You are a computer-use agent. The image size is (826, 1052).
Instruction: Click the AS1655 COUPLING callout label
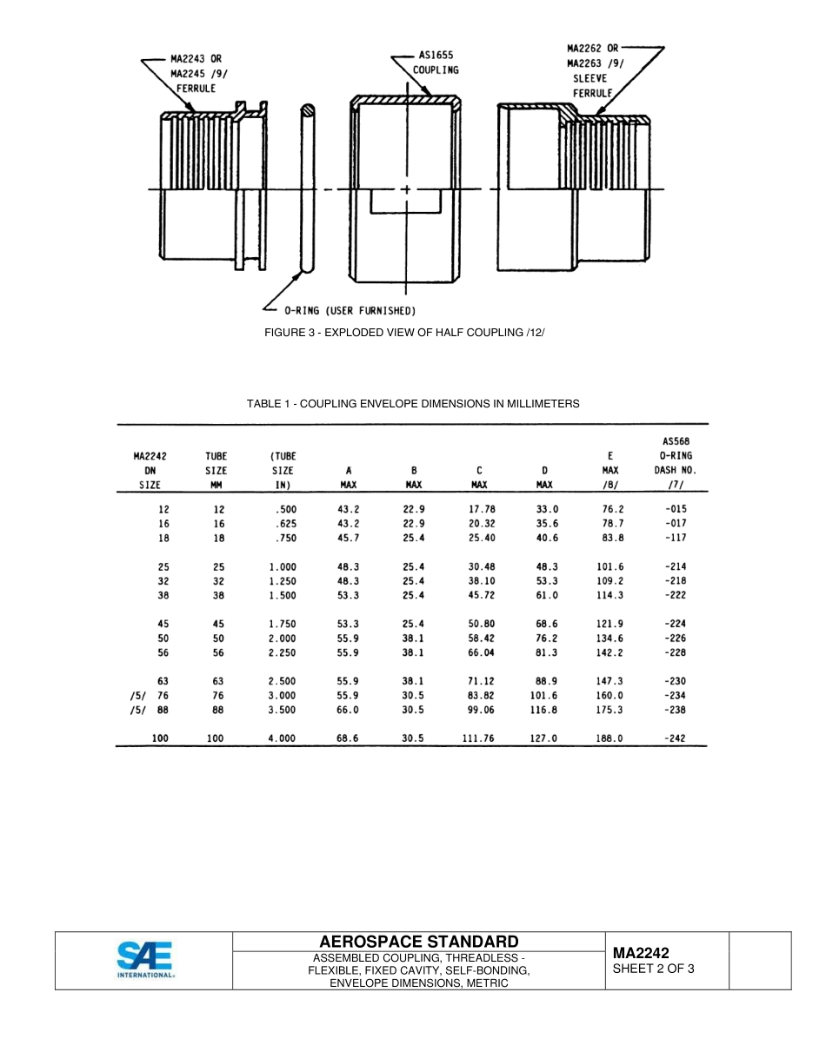[435, 63]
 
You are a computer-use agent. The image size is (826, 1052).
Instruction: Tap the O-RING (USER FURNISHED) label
[350, 310]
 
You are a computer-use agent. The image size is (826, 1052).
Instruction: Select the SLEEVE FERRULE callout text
[591, 85]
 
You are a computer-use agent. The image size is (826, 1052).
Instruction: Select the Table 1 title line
[413, 404]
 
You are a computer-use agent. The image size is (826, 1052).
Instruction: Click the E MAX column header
[610, 469]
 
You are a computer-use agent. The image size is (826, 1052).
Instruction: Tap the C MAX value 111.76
[478, 738]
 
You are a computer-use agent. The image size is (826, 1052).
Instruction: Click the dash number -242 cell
[675, 738]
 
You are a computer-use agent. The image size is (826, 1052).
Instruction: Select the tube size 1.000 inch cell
[283, 566]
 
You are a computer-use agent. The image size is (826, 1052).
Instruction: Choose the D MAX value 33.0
[546, 509]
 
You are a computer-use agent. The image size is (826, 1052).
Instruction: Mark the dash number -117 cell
[675, 538]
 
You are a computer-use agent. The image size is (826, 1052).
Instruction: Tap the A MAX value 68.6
[348, 738]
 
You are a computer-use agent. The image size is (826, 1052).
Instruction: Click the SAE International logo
[146, 960]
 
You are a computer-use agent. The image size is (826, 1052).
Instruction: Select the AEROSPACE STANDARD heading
[419, 942]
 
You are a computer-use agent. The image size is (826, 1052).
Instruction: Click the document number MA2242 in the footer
[641, 953]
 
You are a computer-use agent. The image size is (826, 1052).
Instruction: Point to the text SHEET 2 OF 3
[653, 968]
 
